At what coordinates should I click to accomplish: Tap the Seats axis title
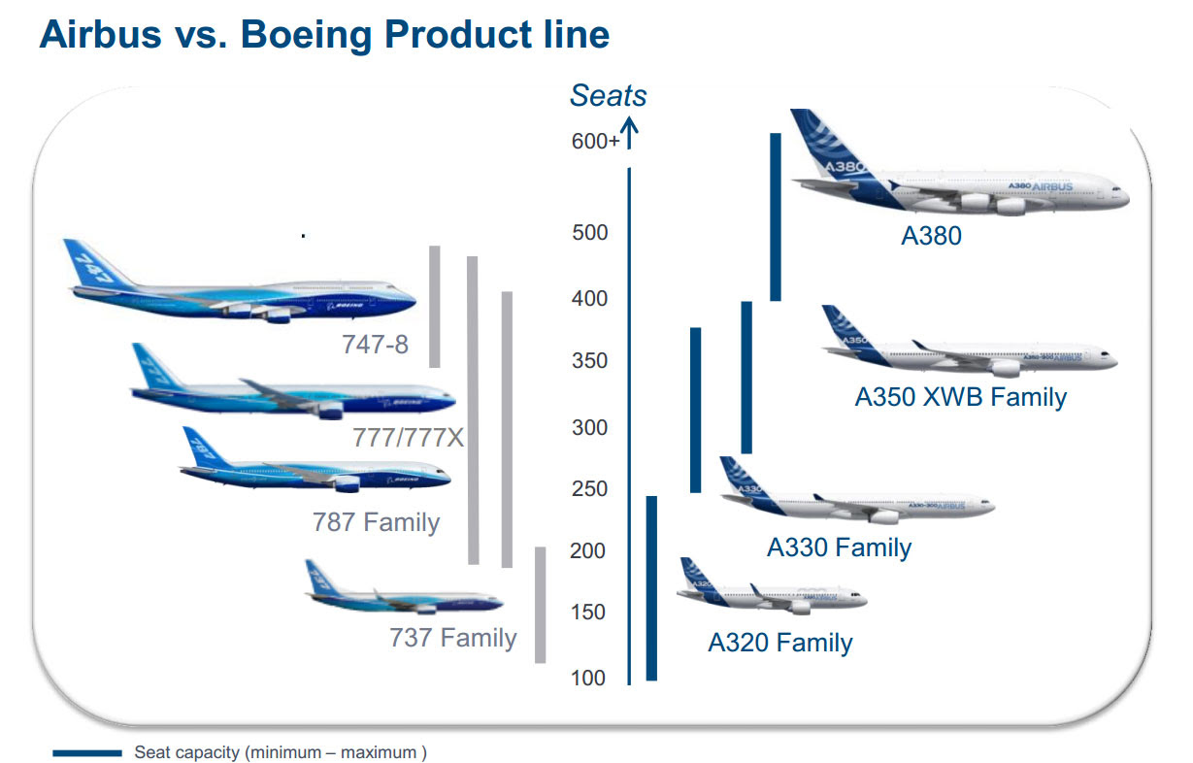click(x=609, y=96)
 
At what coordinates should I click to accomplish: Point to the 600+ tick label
click(x=595, y=141)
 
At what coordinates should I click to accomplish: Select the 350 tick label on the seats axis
click(x=589, y=360)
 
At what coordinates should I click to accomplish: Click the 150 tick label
click(x=587, y=612)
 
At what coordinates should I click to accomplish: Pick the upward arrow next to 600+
click(x=629, y=133)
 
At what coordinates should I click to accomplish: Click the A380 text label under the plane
click(x=931, y=236)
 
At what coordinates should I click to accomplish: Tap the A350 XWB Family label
click(x=961, y=397)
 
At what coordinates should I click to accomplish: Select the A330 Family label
click(x=839, y=547)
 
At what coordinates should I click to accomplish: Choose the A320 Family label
click(x=779, y=642)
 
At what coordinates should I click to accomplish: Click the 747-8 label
click(x=375, y=345)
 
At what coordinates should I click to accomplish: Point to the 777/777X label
click(x=408, y=438)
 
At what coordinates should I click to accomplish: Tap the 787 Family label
click(x=376, y=522)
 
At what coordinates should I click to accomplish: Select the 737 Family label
click(x=452, y=638)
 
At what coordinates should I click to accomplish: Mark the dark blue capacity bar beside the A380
click(x=776, y=216)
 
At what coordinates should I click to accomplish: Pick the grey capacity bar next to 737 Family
click(x=540, y=605)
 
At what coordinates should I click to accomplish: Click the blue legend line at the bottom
click(x=87, y=753)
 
